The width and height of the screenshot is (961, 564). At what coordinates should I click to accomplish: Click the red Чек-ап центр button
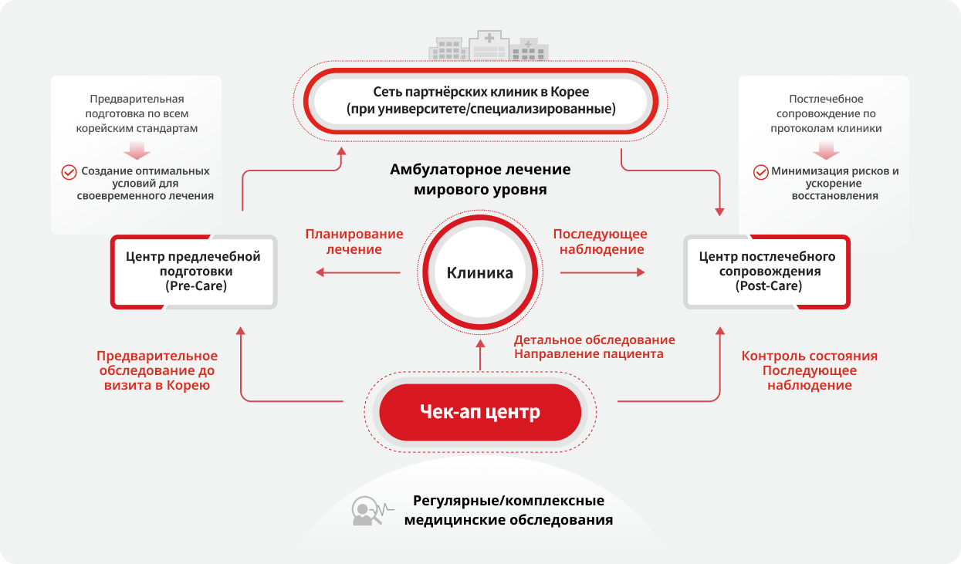click(x=479, y=412)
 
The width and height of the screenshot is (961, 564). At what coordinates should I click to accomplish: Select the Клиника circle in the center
click(x=479, y=272)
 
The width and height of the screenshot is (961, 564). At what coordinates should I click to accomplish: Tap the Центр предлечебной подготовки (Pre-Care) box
click(x=193, y=272)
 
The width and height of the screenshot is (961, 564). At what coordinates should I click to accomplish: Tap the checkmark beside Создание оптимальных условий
click(x=69, y=172)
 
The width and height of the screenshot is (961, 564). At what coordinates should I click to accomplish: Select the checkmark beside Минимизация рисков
click(x=760, y=172)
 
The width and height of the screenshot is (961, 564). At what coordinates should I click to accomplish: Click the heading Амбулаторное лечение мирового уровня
click(x=480, y=179)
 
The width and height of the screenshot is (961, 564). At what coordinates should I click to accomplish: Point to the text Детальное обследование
click(x=594, y=340)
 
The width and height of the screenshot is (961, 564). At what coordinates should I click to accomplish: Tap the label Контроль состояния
click(x=809, y=356)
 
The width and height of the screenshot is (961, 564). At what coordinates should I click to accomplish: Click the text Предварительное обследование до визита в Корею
click(x=157, y=370)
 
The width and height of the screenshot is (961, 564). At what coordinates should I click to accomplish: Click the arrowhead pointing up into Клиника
click(x=480, y=343)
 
